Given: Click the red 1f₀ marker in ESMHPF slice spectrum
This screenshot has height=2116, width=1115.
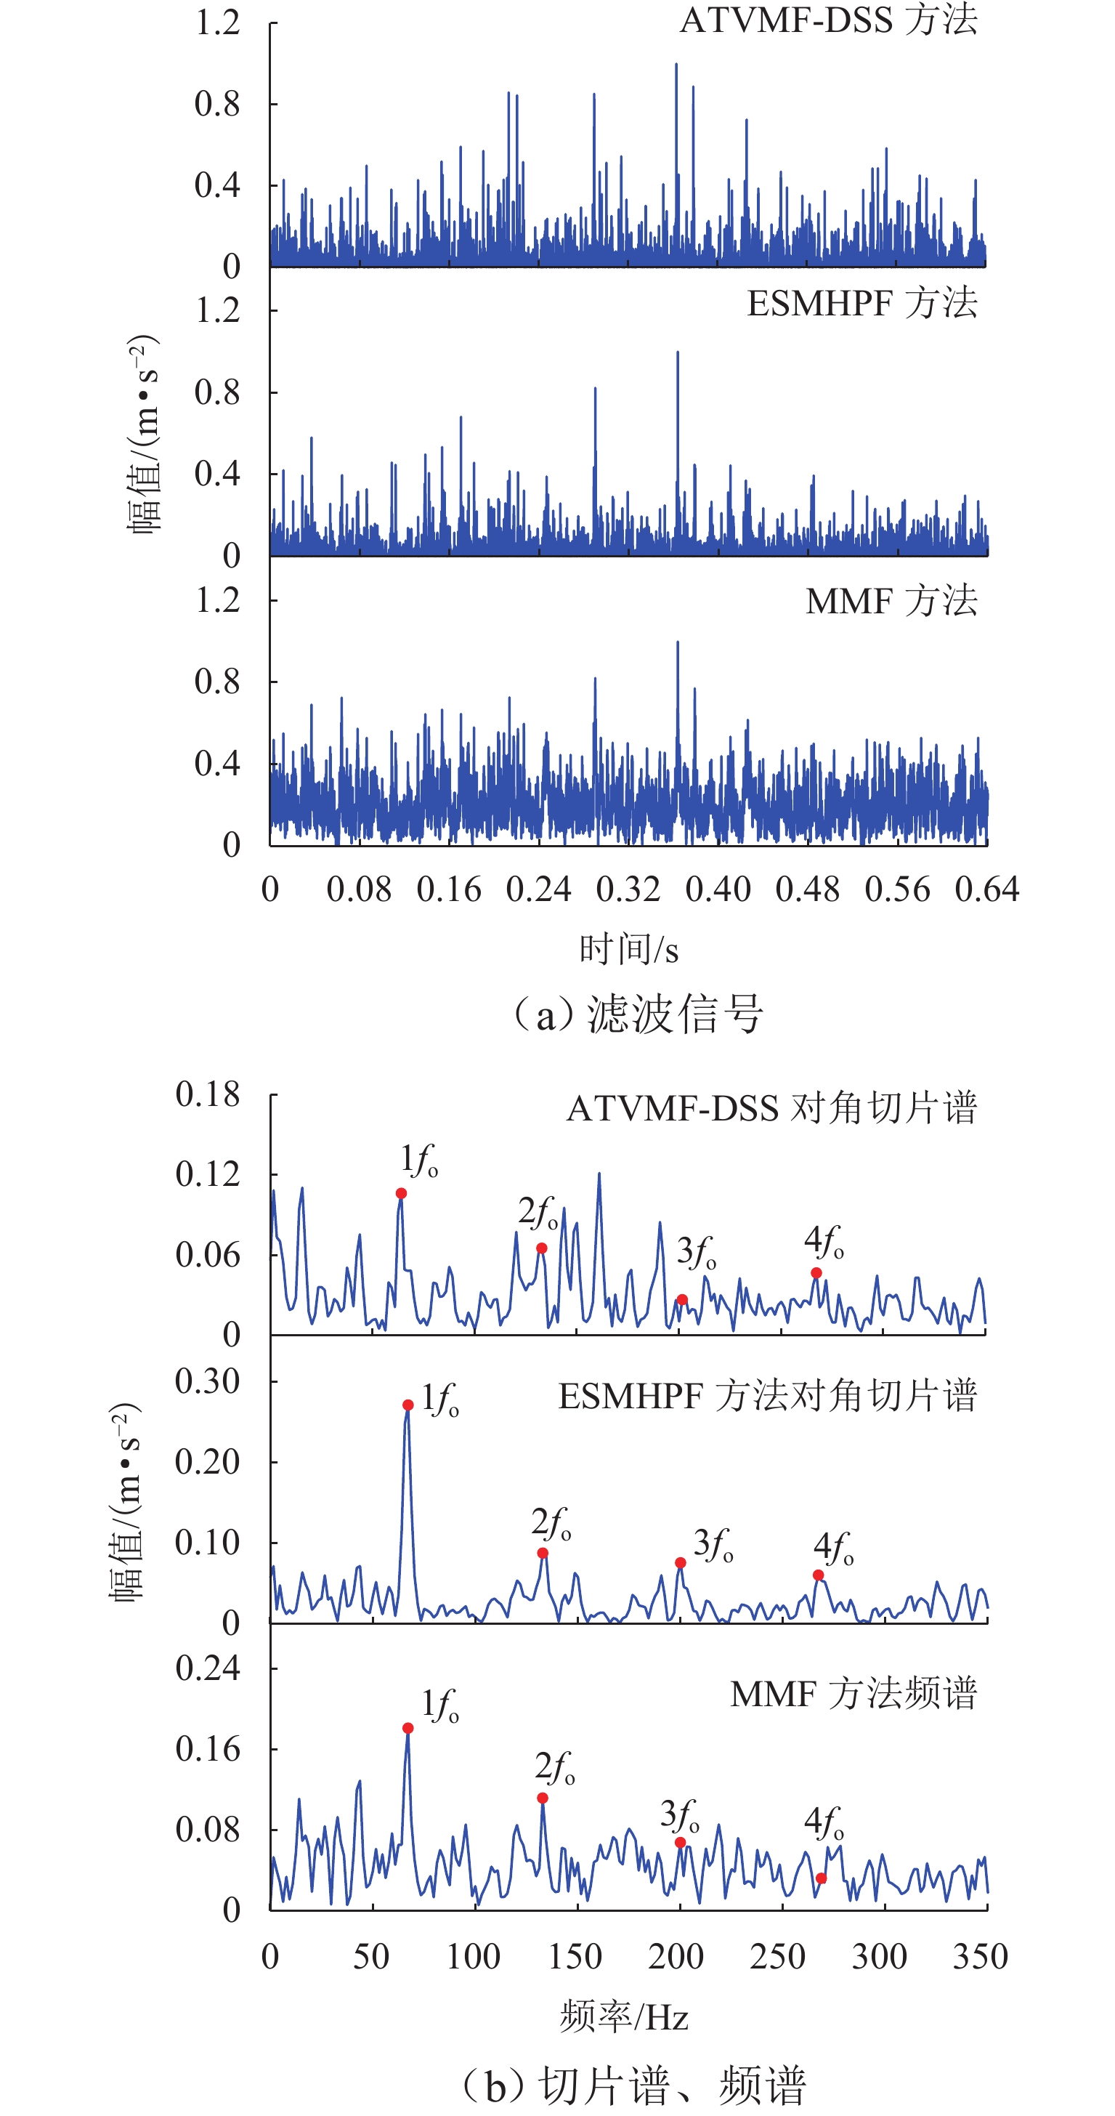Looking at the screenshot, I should pos(408,1405).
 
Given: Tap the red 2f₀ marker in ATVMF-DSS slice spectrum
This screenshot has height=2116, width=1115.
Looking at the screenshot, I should pos(542,1248).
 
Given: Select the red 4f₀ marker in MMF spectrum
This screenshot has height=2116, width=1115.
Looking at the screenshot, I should pos(821,1878).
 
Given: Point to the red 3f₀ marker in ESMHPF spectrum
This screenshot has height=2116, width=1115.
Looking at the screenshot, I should pos(681,1562).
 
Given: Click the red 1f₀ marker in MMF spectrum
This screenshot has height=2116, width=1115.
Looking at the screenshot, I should pos(408,1728).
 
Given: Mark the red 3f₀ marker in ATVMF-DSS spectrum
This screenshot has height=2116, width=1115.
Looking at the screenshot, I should pos(682,1299).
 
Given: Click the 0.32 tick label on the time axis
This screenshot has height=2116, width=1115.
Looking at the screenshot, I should pos(628,889).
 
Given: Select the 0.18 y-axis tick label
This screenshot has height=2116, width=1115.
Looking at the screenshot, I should pos(208,1094).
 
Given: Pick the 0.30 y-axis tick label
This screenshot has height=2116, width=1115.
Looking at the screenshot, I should pos(208,1381).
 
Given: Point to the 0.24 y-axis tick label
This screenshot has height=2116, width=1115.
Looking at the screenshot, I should pos(208,1668).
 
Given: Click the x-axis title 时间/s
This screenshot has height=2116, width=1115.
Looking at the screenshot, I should pos(629,950).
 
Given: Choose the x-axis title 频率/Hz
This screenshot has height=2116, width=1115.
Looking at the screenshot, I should pos(624,2016).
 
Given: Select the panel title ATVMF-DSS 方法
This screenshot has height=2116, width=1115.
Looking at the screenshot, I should pos(829,20).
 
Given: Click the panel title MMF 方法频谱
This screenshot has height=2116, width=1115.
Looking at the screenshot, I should pos(854,1693).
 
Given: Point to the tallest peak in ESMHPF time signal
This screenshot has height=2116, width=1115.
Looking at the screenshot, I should pos(678,353).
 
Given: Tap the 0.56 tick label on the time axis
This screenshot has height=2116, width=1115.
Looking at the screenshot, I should pos(897,889).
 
